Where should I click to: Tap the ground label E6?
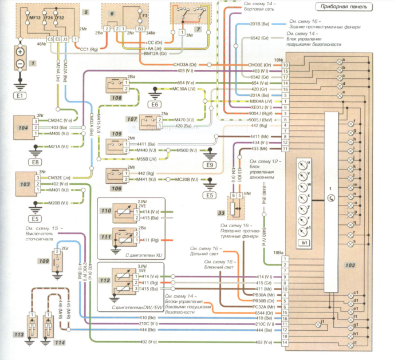155,105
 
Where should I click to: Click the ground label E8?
36,162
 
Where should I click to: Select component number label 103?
24,185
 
